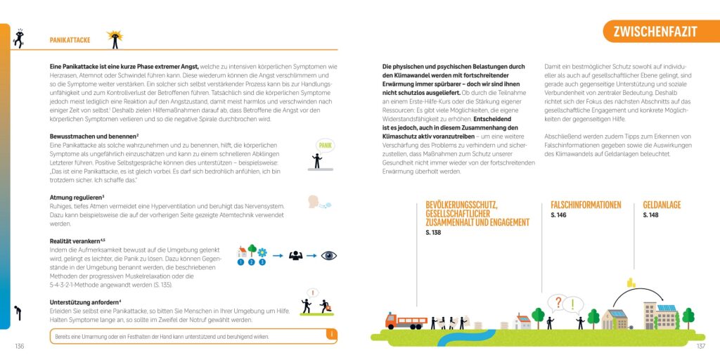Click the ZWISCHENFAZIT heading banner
click(x=655, y=32)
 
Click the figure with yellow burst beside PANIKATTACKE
click(x=115, y=39)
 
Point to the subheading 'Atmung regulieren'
click(x=77, y=198)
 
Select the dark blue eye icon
click(x=329, y=255)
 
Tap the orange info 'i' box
click(x=330, y=335)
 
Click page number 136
click(x=19, y=346)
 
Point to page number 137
click(x=700, y=346)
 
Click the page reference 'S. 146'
click(x=559, y=215)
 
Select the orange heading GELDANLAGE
click(x=662, y=205)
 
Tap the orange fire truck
click(x=406, y=321)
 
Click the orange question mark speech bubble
click(x=558, y=303)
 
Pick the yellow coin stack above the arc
click(x=631, y=283)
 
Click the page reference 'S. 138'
click(x=433, y=232)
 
